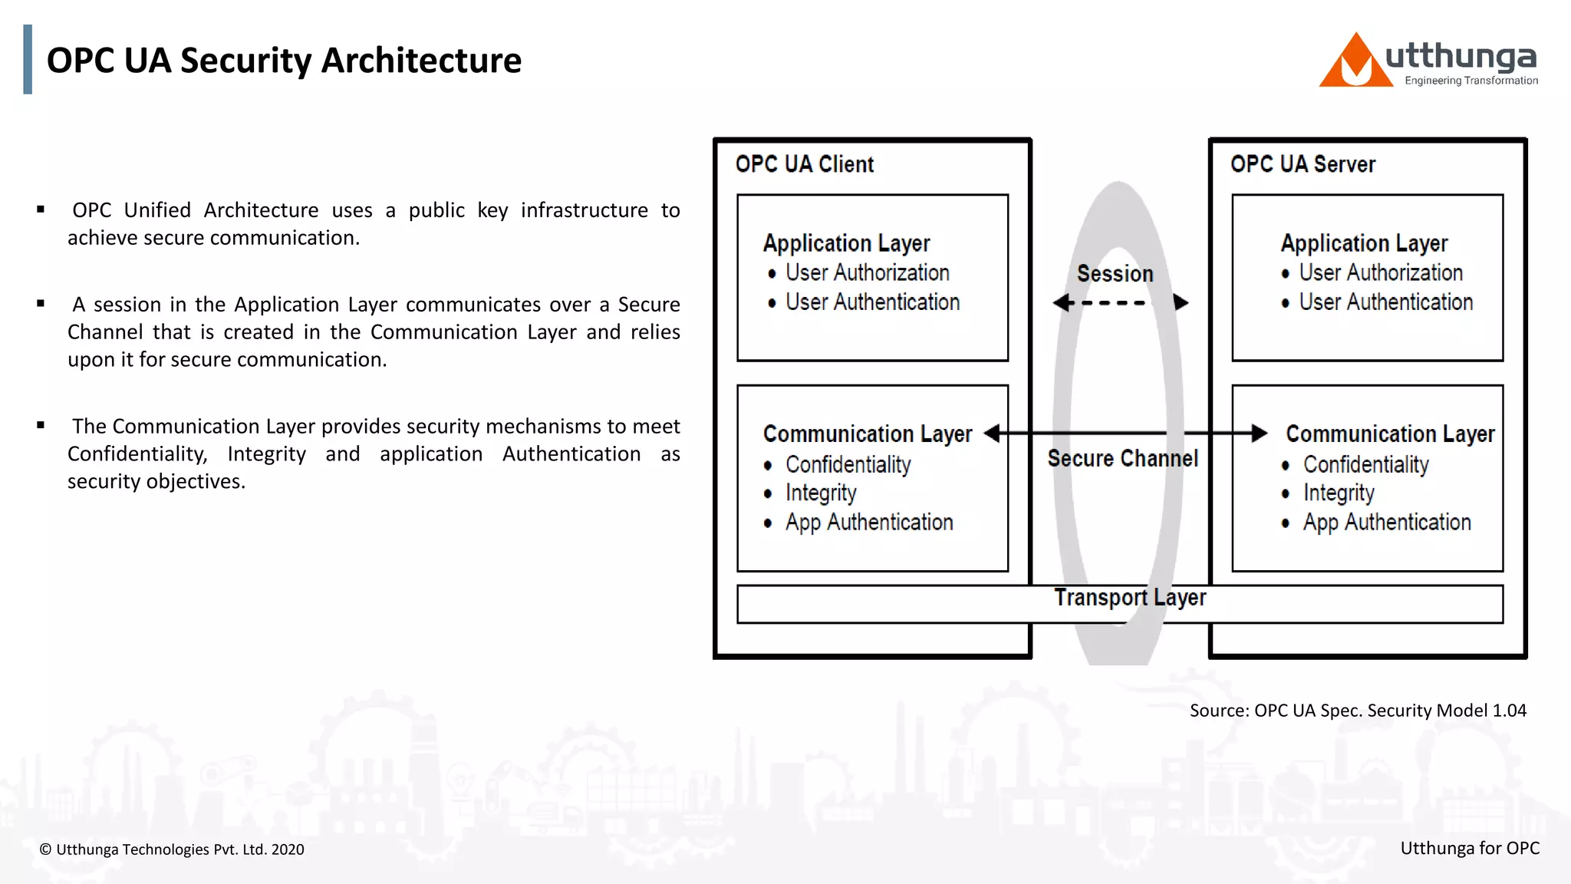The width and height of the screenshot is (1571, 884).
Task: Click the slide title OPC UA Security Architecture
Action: [284, 61]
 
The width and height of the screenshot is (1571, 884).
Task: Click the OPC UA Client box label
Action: [804, 164]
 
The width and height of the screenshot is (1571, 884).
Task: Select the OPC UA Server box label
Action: [1302, 164]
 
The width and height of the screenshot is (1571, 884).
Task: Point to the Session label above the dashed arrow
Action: [1115, 274]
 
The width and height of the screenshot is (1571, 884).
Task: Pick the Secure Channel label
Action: [1122, 459]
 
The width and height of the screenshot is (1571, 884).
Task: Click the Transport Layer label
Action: [1129, 598]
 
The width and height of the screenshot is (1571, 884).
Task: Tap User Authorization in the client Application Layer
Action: [867, 273]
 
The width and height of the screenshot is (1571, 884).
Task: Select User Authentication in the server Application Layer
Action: [1385, 302]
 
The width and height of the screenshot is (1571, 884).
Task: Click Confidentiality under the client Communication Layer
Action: [848, 465]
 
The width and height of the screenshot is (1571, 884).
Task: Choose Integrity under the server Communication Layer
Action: [1339, 493]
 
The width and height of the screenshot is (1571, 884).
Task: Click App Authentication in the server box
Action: [1386, 523]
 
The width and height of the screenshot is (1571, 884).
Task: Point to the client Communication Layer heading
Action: [867, 434]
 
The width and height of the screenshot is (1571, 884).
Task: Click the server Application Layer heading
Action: [1364, 244]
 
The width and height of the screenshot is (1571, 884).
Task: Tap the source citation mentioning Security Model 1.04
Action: [1357, 711]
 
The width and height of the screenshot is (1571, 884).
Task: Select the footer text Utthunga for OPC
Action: [1469, 848]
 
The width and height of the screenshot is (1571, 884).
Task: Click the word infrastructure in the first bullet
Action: [584, 210]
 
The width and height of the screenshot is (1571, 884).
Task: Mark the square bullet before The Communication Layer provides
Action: [41, 425]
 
